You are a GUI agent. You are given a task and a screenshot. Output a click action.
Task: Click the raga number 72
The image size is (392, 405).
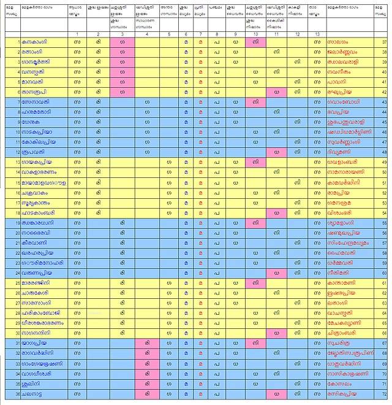(x=383, y=393)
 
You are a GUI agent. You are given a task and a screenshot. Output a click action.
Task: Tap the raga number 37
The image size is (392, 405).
(x=383, y=42)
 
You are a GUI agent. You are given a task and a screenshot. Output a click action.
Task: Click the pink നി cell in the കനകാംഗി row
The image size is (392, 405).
(x=255, y=42)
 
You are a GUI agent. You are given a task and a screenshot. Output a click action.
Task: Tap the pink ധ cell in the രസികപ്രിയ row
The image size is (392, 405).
(x=276, y=393)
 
